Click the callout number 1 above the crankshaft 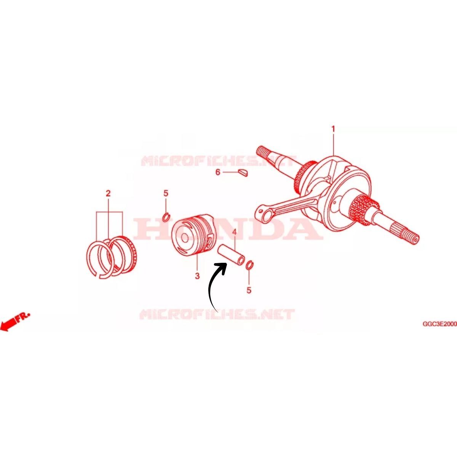pos(333,129)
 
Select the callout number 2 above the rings pos(108,194)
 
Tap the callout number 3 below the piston pos(197,276)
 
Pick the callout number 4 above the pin pos(234,232)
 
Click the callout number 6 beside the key pos(218,172)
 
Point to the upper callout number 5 pos(166,193)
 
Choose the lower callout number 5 pos(249,290)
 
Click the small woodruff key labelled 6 pos(243,173)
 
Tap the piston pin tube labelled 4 pos(232,254)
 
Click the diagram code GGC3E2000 pos(440,324)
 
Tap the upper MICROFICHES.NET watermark pos(219,161)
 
